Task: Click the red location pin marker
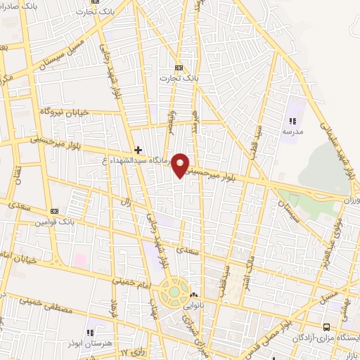pos(181,165)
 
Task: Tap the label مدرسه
pos(292,131)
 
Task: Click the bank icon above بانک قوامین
pos(54,211)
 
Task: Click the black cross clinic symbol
pos(138,150)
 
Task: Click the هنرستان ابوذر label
pos(90,342)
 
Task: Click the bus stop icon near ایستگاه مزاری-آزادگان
pos(326,327)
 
